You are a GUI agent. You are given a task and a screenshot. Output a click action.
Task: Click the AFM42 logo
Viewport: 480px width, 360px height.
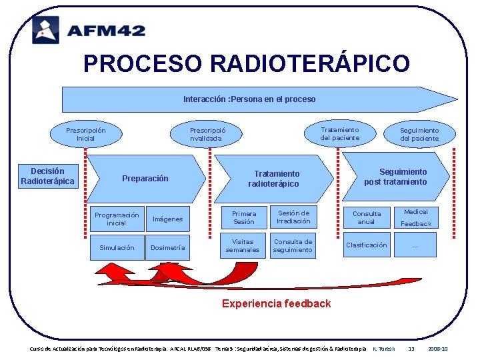(88, 29)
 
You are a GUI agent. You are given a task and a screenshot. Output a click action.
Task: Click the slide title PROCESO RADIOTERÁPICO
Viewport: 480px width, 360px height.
(246, 63)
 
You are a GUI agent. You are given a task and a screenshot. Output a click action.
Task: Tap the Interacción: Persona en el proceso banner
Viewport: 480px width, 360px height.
(249, 99)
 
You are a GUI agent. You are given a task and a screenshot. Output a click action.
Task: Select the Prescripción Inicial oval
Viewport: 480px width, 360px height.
(85, 134)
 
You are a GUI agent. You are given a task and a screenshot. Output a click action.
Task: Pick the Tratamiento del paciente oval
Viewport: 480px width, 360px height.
(339, 133)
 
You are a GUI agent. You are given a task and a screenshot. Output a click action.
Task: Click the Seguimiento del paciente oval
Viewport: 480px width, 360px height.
(419, 134)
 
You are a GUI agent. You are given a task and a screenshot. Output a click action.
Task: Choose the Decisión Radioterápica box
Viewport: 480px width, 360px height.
(48, 176)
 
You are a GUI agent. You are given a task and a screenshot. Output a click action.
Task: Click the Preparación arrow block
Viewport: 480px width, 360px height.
(145, 179)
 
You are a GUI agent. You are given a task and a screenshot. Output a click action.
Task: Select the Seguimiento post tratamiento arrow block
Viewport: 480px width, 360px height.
(395, 177)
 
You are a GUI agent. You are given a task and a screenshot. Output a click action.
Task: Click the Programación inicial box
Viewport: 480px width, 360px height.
(117, 219)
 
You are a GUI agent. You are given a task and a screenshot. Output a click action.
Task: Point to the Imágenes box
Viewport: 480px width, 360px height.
(168, 219)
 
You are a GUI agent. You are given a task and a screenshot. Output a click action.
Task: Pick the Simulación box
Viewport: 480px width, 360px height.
(117, 247)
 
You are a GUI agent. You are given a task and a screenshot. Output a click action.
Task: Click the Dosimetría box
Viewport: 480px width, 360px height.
(168, 247)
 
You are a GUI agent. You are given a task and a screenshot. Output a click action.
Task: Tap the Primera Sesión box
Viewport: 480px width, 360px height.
(244, 217)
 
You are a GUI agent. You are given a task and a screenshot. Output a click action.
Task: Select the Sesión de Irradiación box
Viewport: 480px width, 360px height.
(293, 217)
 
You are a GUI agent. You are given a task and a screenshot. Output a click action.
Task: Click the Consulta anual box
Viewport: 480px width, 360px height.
(367, 217)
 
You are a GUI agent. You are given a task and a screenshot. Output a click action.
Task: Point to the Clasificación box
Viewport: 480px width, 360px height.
(367, 245)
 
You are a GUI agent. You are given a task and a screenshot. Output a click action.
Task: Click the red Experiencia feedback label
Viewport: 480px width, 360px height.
(276, 303)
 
